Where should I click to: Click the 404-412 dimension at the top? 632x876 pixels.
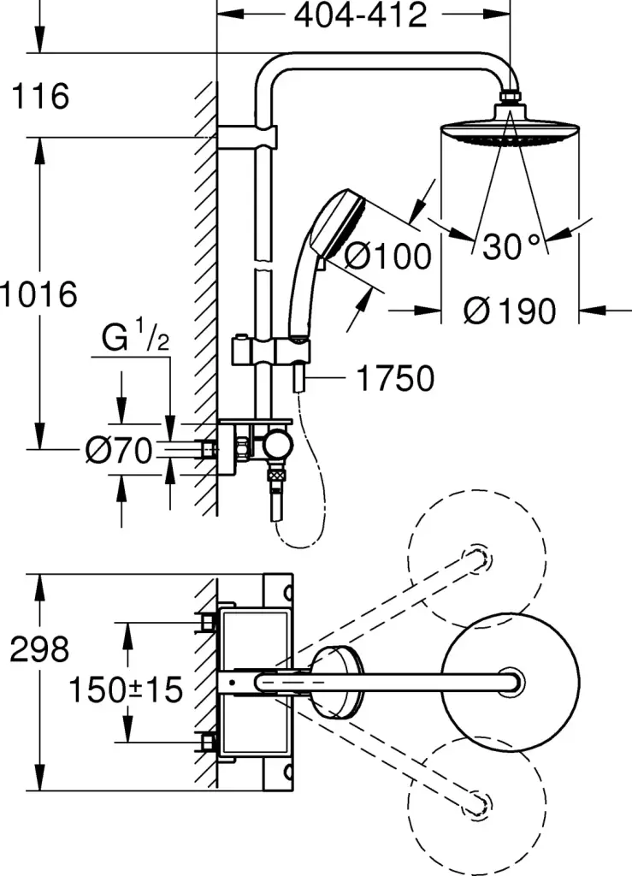pos(360,15)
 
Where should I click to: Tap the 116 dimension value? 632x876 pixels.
pos(40,96)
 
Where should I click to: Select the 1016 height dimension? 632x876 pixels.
pos(38,294)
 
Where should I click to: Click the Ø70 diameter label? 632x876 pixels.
pos(119,450)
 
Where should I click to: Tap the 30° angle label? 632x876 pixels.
pos(512,246)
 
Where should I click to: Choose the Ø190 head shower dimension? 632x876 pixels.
pos(510,311)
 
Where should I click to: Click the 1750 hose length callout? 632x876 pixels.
pos(395,378)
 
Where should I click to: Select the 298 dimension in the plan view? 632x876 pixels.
pos(39,649)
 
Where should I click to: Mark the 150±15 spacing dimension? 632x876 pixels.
pos(126,690)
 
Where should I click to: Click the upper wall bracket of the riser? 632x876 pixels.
pos(246,138)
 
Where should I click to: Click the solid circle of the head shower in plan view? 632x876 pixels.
pos(511,683)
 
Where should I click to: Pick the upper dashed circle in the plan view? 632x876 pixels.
pos(476,559)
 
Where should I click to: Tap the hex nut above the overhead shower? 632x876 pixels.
pos(510,98)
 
